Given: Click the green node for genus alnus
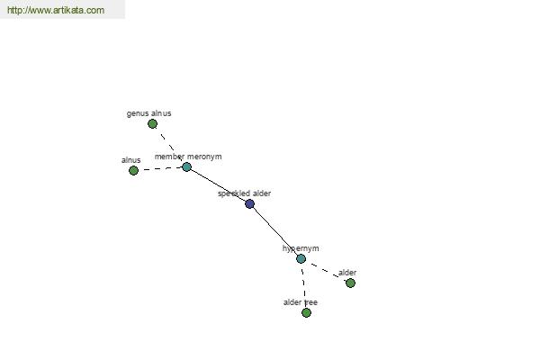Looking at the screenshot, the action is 153,123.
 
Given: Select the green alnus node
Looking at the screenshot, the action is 133,170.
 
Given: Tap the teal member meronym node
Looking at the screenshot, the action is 186,167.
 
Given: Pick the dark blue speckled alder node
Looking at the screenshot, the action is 249,204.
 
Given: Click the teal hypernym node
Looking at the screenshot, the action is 301,258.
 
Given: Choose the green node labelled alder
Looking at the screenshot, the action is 351,283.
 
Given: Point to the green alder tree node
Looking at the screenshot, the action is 307,313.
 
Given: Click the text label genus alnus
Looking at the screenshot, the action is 148,113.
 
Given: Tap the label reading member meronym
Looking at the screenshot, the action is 188,157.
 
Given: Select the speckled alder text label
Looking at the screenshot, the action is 244,193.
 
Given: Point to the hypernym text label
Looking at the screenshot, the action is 301,248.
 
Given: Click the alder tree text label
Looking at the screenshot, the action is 301,302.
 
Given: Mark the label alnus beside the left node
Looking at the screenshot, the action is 131,160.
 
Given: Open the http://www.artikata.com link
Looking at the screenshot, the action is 56,10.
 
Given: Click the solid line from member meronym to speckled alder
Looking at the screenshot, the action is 219,185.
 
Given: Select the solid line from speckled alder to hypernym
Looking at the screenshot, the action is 275,231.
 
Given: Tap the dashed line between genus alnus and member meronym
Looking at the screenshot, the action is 170,146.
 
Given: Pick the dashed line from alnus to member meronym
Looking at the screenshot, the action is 160,169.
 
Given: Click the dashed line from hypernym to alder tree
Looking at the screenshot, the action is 304,285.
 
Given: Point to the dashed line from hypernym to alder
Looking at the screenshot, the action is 326,271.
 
